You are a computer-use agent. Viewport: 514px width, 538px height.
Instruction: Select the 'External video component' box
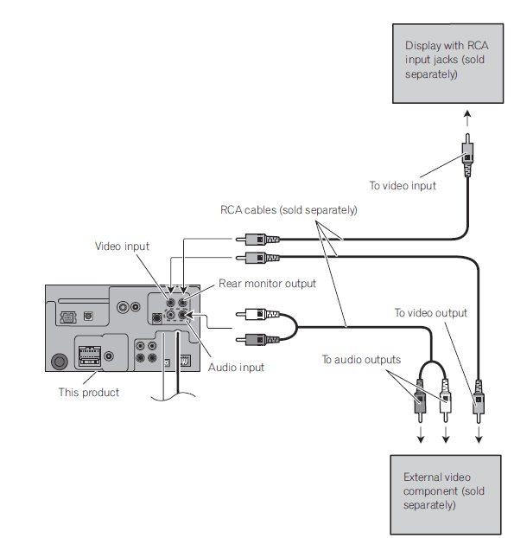[445, 493]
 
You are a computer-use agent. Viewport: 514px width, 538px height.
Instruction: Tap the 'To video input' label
[403, 186]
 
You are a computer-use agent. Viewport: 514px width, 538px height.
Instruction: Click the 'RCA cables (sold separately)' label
[289, 210]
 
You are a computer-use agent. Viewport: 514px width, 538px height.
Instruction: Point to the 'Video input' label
[122, 247]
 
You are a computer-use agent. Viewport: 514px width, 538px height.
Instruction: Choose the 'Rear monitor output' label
[267, 284]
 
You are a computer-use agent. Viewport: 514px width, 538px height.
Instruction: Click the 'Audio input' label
[236, 367]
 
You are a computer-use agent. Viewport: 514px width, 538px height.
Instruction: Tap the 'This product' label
[88, 393]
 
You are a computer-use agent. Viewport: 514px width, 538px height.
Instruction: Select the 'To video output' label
[430, 312]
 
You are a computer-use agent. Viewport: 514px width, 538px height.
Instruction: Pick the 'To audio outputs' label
[361, 359]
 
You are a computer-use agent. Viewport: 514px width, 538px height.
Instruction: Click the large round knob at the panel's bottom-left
[60, 361]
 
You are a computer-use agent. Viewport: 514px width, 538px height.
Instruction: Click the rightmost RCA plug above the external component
[478, 403]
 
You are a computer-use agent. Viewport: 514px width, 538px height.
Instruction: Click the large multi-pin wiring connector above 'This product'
[89, 355]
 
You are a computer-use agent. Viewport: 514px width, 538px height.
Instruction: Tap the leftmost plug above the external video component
[421, 401]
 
